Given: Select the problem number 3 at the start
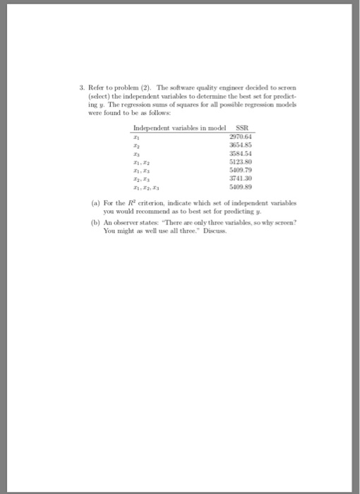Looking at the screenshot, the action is click(82, 88).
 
